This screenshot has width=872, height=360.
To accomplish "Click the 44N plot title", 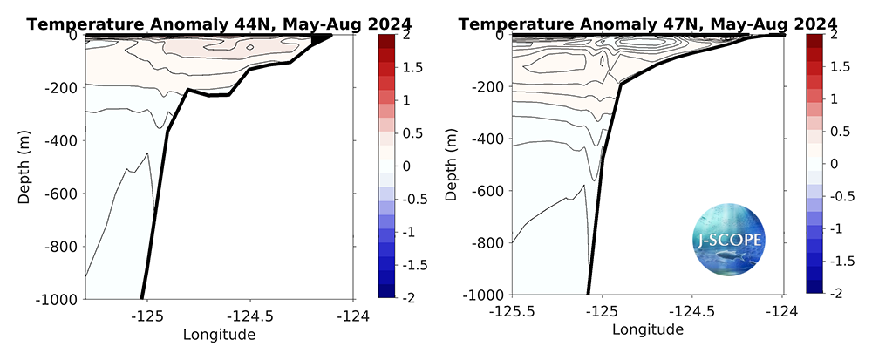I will tap(193, 24).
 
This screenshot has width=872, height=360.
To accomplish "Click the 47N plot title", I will tap(647, 24).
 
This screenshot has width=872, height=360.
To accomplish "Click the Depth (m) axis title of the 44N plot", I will tap(25, 166).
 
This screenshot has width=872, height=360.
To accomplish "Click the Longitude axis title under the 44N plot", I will tap(218, 334).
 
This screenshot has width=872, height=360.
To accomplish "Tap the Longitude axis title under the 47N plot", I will tap(648, 330).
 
